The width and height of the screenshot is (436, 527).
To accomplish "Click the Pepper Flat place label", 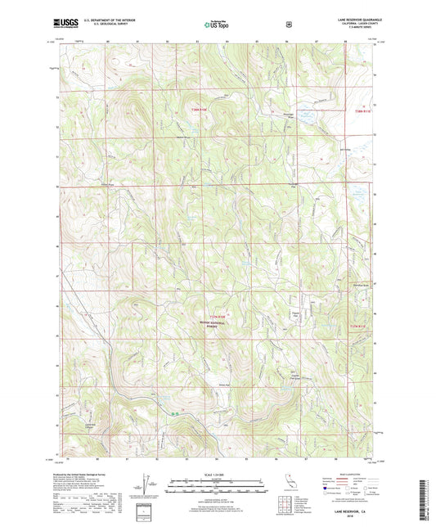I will click(x=296, y=314).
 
